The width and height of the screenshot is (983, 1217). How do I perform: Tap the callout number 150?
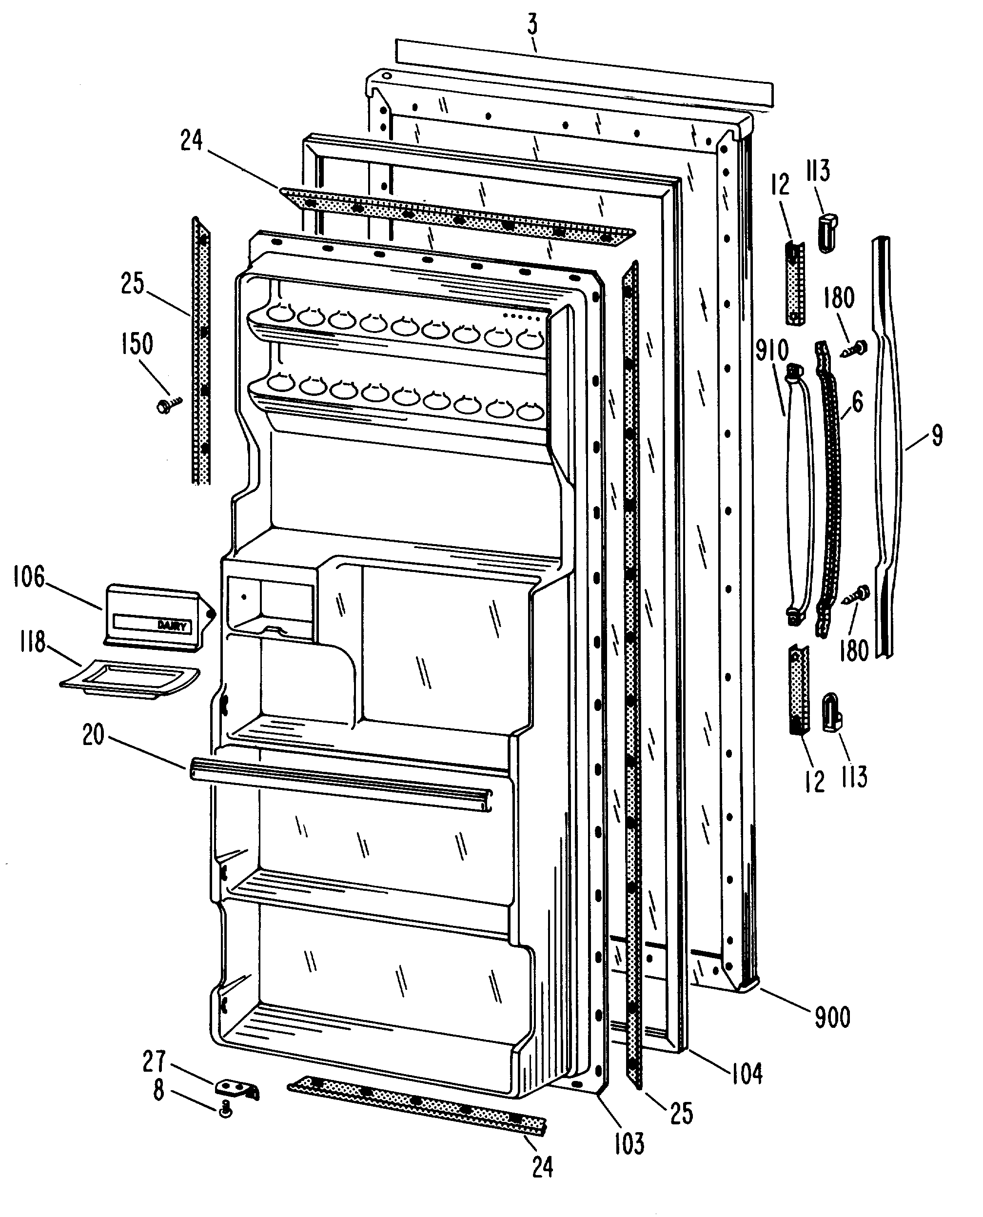point(138,344)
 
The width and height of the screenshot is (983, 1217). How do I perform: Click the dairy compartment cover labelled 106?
point(153,617)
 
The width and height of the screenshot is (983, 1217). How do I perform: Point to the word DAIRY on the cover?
point(172,626)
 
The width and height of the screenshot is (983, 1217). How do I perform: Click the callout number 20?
point(94,735)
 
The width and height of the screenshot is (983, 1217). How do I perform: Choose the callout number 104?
point(747,1073)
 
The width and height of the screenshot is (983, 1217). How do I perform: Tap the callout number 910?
point(772,351)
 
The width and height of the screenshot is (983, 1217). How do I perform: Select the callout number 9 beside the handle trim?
point(937,435)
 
